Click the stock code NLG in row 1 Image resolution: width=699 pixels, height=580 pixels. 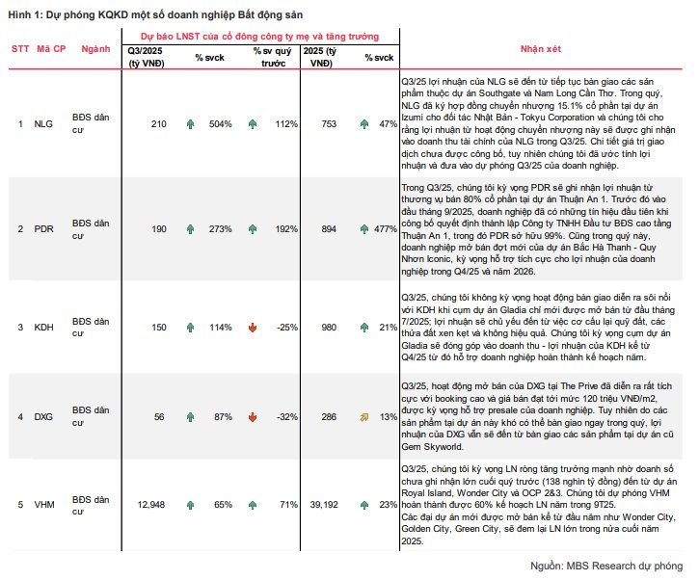click(42, 124)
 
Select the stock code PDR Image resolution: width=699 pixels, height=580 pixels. click(42, 227)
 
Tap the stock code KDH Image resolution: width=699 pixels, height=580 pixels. click(42, 328)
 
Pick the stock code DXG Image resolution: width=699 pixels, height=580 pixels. click(42, 416)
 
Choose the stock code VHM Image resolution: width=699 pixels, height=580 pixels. click(43, 503)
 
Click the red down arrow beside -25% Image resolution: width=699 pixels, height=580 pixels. click(252, 328)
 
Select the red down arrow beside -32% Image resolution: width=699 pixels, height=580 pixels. click(252, 416)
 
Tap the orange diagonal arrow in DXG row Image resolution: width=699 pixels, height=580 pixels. click(364, 416)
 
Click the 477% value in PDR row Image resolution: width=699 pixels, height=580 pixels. click(385, 227)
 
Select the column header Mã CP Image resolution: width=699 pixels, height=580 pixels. click(51, 47)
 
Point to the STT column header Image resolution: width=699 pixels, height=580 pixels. click(20, 47)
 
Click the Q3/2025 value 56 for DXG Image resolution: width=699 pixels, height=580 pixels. click(160, 416)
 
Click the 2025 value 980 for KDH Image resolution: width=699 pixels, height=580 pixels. click(328, 328)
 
